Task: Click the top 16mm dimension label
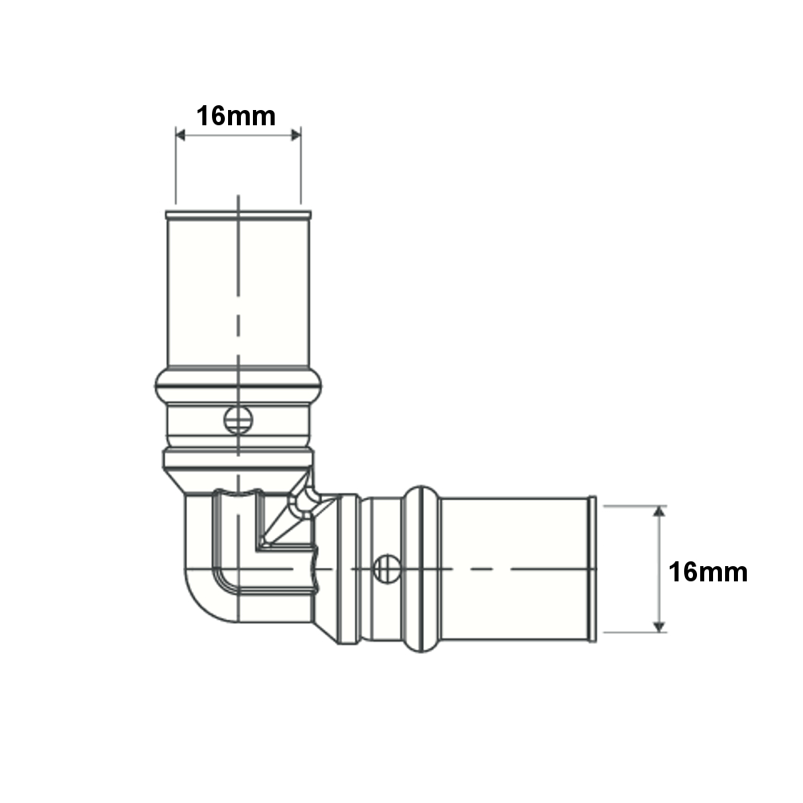pyautogui.click(x=236, y=116)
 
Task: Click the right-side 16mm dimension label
pyautogui.click(x=707, y=572)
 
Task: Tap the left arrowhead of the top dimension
pyautogui.click(x=180, y=135)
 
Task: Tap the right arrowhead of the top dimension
pyautogui.click(x=296, y=135)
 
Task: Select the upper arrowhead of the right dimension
pyautogui.click(x=659, y=511)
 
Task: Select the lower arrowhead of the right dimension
pyautogui.click(x=659, y=627)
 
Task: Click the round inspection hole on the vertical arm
pyautogui.click(x=238, y=420)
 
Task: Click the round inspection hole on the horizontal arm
pyautogui.click(x=387, y=569)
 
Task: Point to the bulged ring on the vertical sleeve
pyautogui.click(x=238, y=385)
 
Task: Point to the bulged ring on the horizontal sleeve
pyautogui.click(x=421, y=569)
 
